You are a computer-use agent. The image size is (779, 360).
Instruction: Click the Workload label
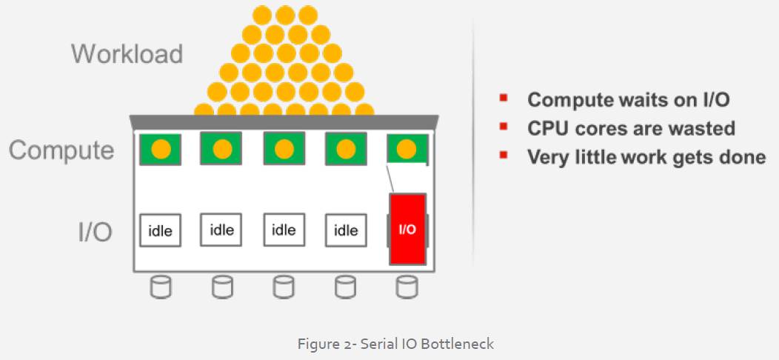pos(127,54)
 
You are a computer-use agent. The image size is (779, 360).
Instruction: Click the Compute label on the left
pos(61,150)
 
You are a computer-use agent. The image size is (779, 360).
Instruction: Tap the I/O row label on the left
pos(95,231)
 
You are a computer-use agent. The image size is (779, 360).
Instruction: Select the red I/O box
pos(407,229)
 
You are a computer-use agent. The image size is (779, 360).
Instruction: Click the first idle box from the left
pos(160,230)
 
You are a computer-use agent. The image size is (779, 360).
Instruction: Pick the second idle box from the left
pos(221,230)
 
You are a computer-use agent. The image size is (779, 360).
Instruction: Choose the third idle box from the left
pos(284,230)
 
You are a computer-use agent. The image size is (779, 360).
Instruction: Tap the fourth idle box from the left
pos(346,230)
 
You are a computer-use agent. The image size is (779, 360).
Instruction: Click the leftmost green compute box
pos(161,149)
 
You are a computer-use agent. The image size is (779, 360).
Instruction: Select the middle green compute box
pos(284,149)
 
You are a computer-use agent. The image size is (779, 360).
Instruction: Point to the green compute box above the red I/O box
pos(407,149)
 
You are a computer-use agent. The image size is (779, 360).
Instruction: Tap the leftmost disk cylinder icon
pos(160,287)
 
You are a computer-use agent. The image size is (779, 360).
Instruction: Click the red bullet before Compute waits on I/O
pos(504,99)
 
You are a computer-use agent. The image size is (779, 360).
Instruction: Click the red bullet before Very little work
pos(504,156)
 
